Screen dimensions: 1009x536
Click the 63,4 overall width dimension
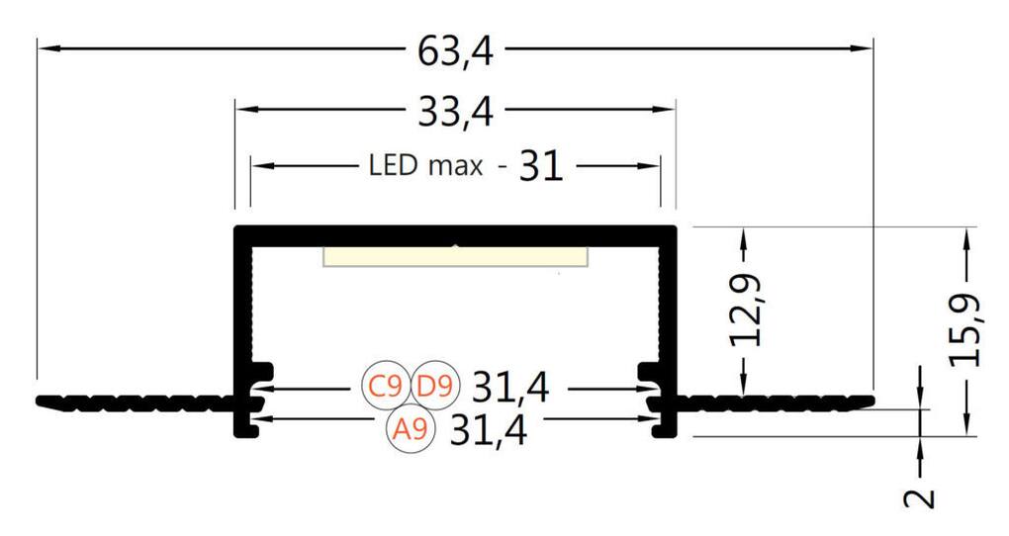coord(456,51)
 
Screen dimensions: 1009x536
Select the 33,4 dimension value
coord(456,112)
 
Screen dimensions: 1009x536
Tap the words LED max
coord(425,165)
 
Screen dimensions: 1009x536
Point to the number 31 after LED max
coord(541,166)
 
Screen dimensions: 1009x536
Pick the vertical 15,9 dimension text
coord(965,330)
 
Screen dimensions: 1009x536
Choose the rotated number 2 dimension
coord(920,498)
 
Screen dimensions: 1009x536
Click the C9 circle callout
coord(386,386)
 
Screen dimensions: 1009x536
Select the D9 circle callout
coord(435,386)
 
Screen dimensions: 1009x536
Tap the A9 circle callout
coord(411,428)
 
